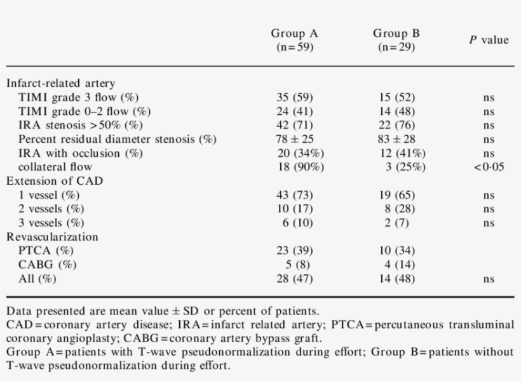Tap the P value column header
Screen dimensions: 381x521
[x=489, y=40]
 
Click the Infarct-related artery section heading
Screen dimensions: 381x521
[x=60, y=83]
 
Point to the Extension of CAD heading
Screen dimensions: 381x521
[x=55, y=181]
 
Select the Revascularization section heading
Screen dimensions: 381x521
[x=52, y=237]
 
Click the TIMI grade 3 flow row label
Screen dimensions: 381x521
[x=79, y=97]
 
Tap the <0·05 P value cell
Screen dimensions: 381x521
[x=489, y=167]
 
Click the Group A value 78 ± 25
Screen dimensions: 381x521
[x=294, y=139]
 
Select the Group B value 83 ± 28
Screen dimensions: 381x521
[x=396, y=139]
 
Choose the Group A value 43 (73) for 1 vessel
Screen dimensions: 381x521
[x=294, y=195]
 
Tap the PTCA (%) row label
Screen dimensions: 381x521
[x=46, y=251]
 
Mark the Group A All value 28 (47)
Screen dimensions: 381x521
[x=294, y=279]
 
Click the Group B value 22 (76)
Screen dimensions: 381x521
[x=396, y=125]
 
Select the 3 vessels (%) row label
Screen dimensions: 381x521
[x=51, y=223]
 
